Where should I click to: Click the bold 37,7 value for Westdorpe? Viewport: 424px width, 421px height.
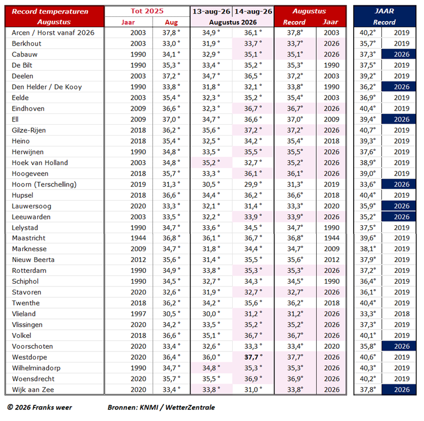[x=253, y=357]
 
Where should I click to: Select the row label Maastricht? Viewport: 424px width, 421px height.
[x=29, y=238]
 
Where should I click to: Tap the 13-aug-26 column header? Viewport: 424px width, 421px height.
[x=211, y=11]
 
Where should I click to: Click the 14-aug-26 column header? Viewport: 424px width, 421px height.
[x=253, y=11]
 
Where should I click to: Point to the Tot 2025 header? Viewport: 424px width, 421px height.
[x=147, y=11]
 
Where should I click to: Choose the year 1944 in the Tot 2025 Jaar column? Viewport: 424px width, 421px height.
[x=138, y=238]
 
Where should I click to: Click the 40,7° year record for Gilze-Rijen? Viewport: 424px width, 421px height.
[x=368, y=130]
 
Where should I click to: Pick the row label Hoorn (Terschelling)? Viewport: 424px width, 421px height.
[x=44, y=184]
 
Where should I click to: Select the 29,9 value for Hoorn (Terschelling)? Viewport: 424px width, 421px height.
[x=253, y=184]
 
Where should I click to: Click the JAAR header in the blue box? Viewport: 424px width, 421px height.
[x=384, y=11]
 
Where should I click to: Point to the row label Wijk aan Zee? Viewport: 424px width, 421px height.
[x=33, y=390]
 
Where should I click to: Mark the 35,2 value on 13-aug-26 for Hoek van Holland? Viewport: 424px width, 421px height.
[x=211, y=163]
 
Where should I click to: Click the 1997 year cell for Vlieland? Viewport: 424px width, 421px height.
[x=138, y=314]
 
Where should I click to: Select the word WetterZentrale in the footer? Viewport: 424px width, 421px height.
[x=190, y=407]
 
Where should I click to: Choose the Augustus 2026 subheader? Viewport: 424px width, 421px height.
[x=233, y=22]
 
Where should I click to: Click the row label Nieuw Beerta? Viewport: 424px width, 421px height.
[x=33, y=260]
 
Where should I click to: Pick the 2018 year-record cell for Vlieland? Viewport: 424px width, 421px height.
[x=402, y=314]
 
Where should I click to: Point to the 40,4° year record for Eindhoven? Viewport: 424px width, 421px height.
[x=368, y=109]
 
